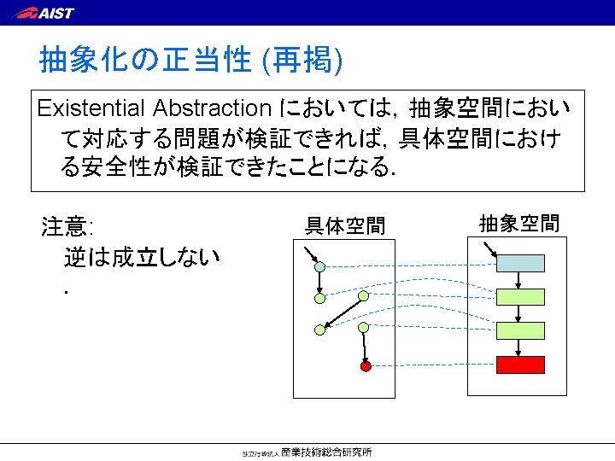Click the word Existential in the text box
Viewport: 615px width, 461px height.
[x=92, y=108]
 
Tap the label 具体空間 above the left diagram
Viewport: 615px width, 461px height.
[x=346, y=226]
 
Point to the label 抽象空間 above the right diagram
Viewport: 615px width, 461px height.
[x=518, y=224]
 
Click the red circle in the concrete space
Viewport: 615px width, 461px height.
[x=366, y=366]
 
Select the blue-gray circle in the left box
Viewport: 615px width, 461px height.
[x=320, y=266]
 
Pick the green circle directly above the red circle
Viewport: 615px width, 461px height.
[x=363, y=327]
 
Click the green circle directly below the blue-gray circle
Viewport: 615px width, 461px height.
[x=320, y=299]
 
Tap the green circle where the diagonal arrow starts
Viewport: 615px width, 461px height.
[x=363, y=296]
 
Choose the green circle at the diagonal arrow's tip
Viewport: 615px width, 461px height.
[x=320, y=328]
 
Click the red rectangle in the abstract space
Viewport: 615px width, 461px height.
[x=520, y=365]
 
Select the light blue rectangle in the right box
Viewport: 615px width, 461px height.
[x=520, y=264]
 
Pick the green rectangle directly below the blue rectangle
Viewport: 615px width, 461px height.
[x=520, y=297]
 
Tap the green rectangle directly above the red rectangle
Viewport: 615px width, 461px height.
[x=520, y=330]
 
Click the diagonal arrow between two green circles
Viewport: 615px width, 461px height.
[x=342, y=312]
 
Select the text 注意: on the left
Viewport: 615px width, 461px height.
[x=67, y=227]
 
